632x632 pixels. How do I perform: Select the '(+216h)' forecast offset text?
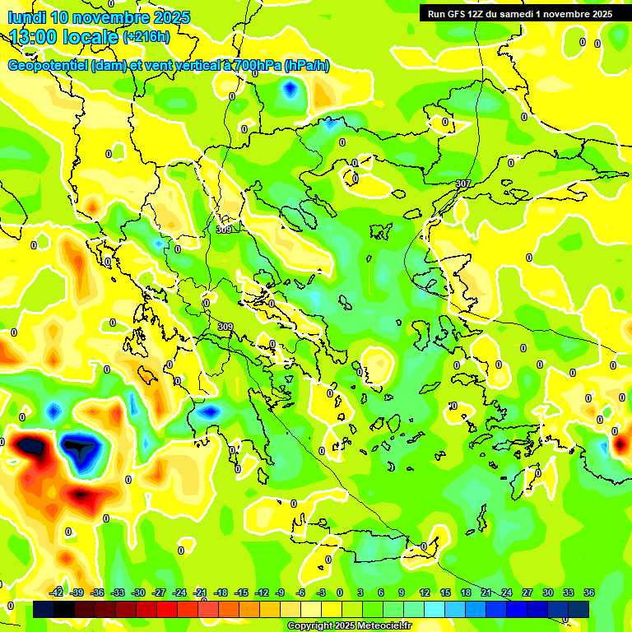tap(146, 37)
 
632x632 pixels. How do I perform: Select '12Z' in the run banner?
tap(479, 14)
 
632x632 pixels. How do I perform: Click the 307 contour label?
tap(463, 184)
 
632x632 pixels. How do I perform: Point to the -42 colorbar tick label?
tap(57, 592)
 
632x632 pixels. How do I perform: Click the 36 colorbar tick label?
tap(589, 592)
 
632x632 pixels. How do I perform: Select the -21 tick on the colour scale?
tap(200, 592)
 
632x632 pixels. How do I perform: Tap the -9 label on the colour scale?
tap(280, 592)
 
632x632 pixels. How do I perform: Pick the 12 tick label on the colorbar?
tap(425, 592)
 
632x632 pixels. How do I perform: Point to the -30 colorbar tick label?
tap(138, 592)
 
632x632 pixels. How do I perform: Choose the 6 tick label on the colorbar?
tap(381, 592)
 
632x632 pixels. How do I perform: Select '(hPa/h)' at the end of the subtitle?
tap(307, 66)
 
